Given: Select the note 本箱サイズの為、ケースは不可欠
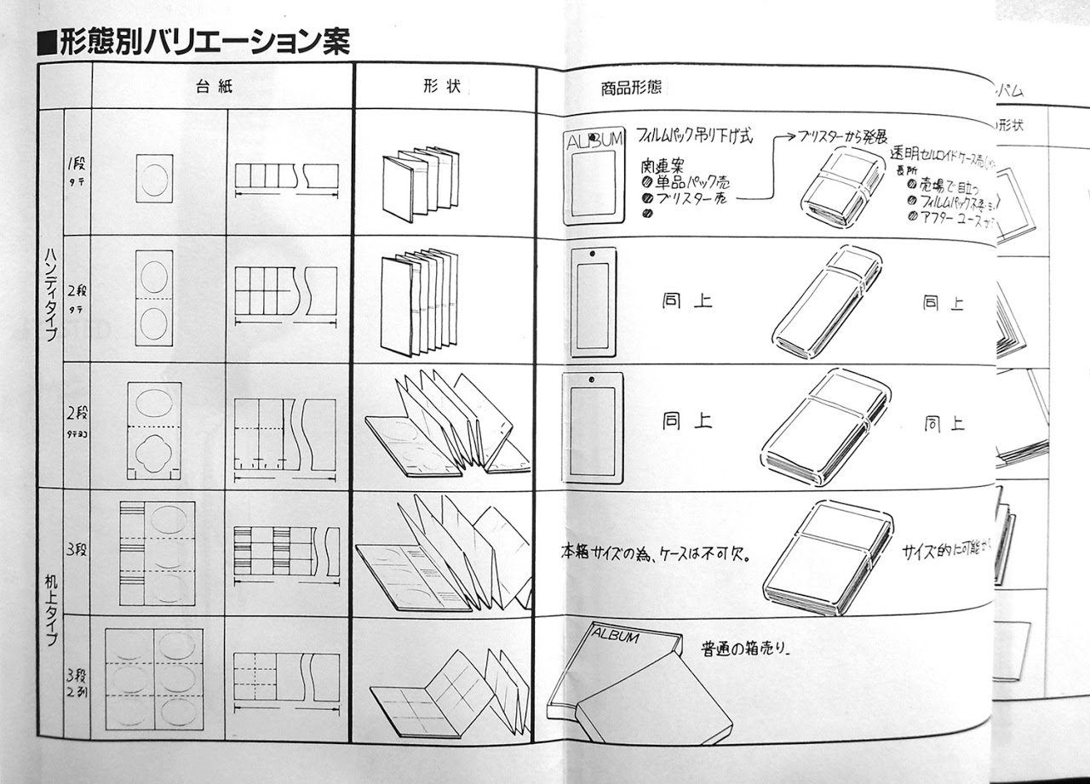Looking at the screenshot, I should pos(642,552).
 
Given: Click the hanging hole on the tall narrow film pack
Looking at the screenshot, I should pos(588,254).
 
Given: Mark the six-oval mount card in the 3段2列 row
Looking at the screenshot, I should pos(154,678).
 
